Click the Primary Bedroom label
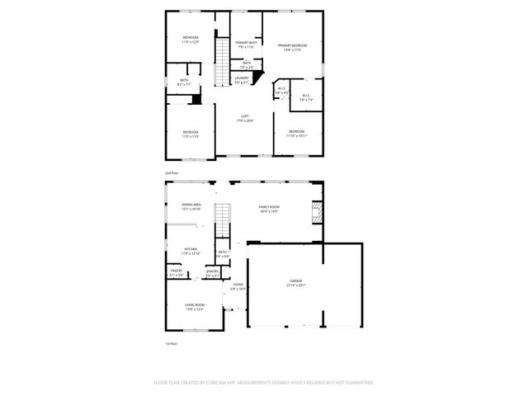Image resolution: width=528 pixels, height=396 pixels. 292,47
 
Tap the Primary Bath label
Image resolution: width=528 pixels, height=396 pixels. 245,45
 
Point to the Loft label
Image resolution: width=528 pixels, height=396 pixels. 245,118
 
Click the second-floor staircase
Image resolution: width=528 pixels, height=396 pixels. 221,63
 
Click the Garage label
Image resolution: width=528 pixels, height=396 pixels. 296,282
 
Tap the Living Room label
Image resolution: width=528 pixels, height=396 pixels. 194,306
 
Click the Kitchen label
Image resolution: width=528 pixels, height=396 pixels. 191,251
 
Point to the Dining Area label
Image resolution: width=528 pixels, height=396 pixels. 191,207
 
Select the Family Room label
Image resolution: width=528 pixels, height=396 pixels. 269,209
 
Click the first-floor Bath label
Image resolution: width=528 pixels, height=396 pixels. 223,254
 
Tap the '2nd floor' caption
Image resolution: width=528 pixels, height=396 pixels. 171,172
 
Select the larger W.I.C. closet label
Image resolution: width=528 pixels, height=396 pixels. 305,97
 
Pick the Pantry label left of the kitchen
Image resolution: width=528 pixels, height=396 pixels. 176,272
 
